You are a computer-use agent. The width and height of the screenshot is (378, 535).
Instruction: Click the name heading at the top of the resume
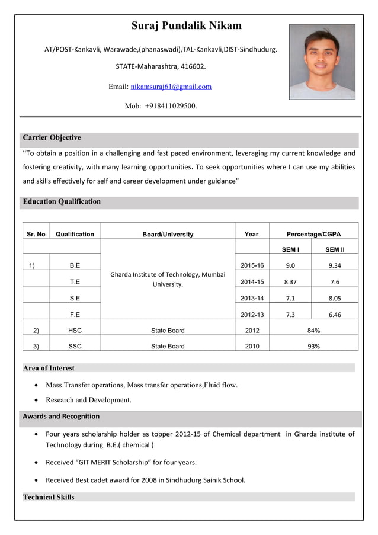(x=186, y=25)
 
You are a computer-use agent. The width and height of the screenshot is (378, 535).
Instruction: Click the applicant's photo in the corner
(x=322, y=62)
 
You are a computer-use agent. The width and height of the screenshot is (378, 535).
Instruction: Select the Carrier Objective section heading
(x=52, y=138)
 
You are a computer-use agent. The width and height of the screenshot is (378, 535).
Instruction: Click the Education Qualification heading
(x=62, y=202)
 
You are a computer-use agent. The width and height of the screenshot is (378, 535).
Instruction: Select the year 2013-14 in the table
(x=252, y=299)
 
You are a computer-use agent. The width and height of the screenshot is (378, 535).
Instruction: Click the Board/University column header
(x=168, y=235)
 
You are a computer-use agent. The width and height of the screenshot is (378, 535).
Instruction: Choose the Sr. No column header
(x=36, y=235)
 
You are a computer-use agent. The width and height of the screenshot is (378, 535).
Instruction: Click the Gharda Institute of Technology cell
(x=168, y=279)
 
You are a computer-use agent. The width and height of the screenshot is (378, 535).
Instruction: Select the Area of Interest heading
(x=49, y=368)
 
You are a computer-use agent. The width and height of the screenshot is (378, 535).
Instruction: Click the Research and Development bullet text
(x=88, y=400)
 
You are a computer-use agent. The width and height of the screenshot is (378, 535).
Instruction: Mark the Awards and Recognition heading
(x=61, y=417)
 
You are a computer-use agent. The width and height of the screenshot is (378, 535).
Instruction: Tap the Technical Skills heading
(x=49, y=497)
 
